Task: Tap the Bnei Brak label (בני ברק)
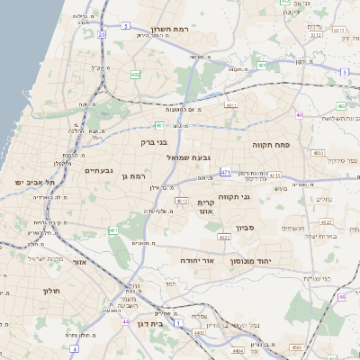click(x=156, y=141)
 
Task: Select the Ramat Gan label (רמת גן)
click(x=132, y=176)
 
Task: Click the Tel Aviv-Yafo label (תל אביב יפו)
click(x=31, y=182)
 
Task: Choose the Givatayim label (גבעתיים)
click(x=98, y=169)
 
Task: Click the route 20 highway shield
click(x=103, y=34)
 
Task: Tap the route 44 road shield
click(x=125, y=320)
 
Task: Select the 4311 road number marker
click(x=231, y=105)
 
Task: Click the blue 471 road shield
click(x=225, y=171)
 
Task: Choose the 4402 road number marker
click(x=199, y=333)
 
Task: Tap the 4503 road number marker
click(x=297, y=346)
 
